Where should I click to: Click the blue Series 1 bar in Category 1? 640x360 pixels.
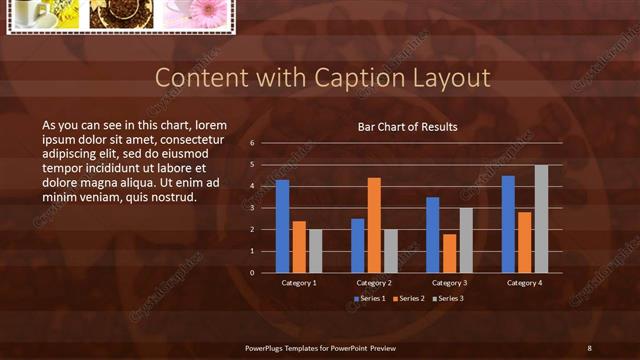tap(282, 226)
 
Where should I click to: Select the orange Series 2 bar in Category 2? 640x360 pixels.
tap(374, 225)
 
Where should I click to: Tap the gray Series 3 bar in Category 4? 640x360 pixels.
tap(541, 218)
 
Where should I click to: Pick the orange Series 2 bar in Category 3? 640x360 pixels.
tap(449, 253)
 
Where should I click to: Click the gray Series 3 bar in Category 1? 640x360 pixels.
tap(316, 251)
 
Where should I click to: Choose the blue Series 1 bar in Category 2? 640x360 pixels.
tap(358, 245)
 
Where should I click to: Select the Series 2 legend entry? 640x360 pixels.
tap(409, 299)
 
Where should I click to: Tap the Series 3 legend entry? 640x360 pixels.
tap(447, 299)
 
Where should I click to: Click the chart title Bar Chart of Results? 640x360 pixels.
tap(408, 127)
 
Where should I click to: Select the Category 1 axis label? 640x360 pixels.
tap(299, 283)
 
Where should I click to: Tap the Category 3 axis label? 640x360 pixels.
tap(449, 283)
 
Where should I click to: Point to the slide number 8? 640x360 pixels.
tap(589, 347)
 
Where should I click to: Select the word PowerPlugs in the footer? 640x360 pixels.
tap(265, 347)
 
